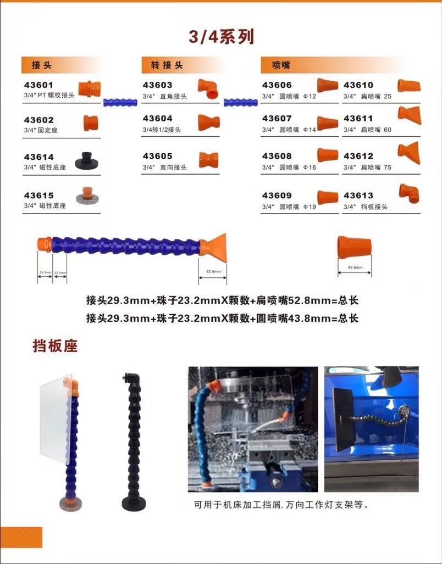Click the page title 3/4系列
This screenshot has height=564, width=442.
pos(221,37)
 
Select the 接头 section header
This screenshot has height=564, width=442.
pos(41,65)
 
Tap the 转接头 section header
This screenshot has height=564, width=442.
pos(167,65)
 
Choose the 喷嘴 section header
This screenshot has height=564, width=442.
pos(281,65)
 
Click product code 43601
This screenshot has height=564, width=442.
pos(38,85)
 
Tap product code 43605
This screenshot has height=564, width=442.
pos(157,157)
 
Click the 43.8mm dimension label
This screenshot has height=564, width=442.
pos(354,267)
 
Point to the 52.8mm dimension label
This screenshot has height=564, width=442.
pos(213,272)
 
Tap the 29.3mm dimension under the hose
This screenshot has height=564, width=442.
pos(45,272)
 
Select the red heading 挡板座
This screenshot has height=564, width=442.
pos(55,347)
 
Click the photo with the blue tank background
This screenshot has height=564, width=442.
pos(371,421)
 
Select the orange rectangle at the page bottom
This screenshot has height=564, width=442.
pos(21,537)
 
